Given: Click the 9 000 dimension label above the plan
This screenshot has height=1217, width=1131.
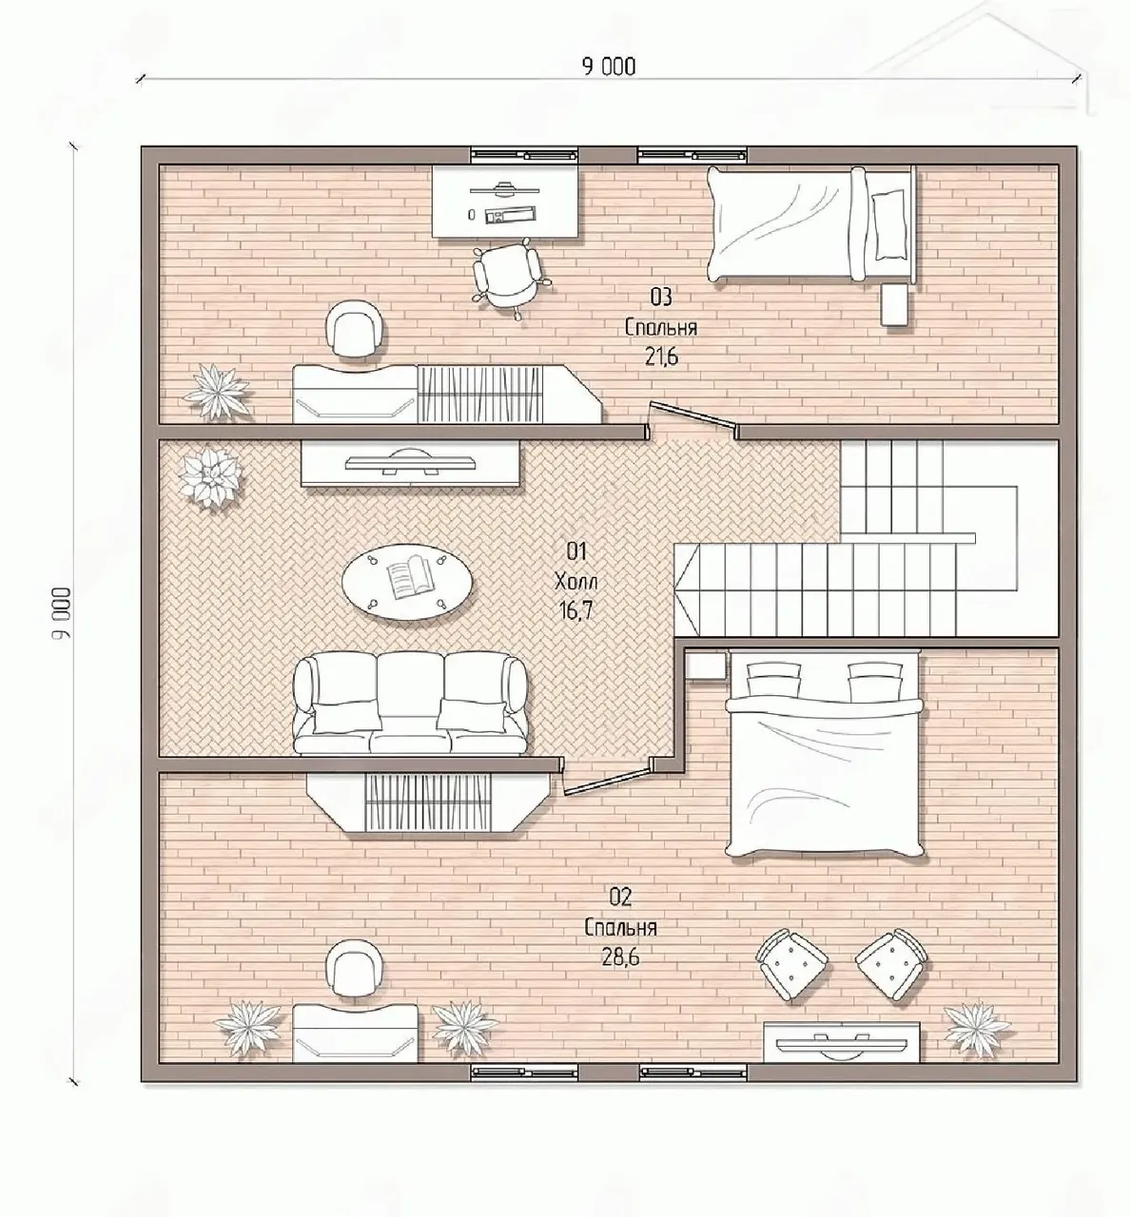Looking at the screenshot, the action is coord(609,67).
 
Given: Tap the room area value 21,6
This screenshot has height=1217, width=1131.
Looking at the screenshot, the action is coord(661,357).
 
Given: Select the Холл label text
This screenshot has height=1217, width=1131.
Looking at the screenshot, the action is coord(575,580).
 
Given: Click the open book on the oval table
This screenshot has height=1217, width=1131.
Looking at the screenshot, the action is coord(407,577).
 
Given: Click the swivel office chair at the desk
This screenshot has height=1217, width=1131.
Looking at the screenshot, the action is coord(507,277).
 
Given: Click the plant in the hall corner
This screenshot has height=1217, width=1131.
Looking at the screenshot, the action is coord(210,478).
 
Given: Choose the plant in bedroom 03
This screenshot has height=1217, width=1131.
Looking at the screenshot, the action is coord(218,392).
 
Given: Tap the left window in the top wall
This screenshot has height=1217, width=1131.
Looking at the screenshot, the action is coord(524,155).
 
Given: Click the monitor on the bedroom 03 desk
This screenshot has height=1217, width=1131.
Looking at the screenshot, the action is coord(504,189).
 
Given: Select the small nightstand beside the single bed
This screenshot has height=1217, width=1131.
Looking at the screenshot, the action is coord(895,304).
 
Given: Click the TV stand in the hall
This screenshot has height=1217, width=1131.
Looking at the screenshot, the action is coord(410,464).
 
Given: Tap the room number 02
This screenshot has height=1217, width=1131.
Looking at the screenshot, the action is coord(620,898).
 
